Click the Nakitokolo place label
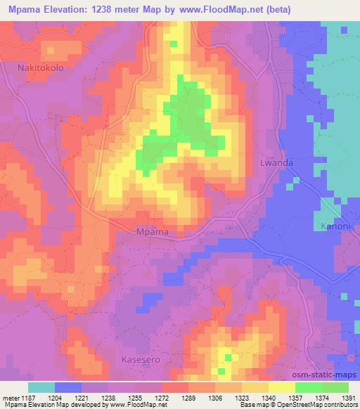pyautogui.click(x=40, y=68)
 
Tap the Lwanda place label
pyautogui.click(x=276, y=162)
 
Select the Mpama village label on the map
pyautogui.click(x=151, y=231)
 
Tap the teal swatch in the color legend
pyautogui.click(x=41, y=387)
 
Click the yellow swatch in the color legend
pyautogui.click(x=281, y=387)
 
